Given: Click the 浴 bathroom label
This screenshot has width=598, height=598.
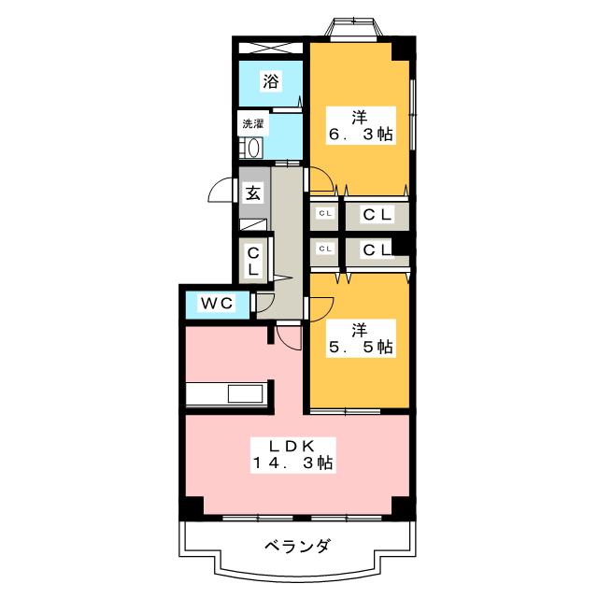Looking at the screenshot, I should click(270, 82).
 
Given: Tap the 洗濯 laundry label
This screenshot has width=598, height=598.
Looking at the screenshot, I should click(253, 123).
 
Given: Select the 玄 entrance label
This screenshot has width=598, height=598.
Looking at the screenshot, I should click(253, 193).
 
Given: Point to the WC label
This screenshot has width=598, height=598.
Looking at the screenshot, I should click(215, 304).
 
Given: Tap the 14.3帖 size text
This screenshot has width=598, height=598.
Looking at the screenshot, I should click(292, 463).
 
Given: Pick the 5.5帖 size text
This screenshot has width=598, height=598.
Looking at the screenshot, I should click(360, 347).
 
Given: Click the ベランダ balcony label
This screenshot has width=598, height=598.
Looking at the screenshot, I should click(297, 546).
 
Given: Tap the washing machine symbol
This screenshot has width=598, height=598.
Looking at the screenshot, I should click(251, 149).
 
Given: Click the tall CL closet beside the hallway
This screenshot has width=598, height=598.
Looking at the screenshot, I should click(253, 260).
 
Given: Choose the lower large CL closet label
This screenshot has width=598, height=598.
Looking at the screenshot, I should click(377, 249).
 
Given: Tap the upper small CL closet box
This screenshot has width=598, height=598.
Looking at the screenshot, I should click(325, 215).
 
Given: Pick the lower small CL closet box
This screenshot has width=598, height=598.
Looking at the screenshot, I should click(325, 249).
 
